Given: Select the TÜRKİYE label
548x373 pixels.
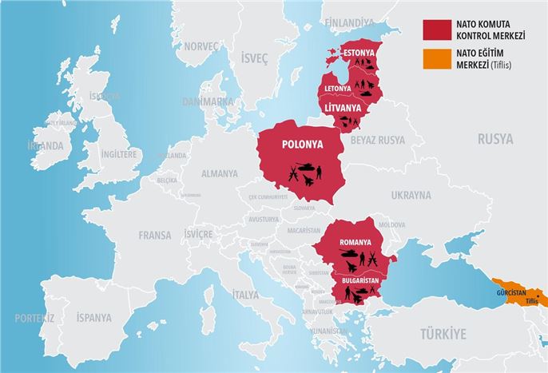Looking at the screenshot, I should tap(442, 333).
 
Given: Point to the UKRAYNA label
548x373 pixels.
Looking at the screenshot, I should tap(411, 195).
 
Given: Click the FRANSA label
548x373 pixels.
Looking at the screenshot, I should tap(154, 235).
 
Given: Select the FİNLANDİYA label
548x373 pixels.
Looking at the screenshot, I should tap(349, 21).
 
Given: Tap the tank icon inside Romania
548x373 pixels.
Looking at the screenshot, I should tap(348, 256).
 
